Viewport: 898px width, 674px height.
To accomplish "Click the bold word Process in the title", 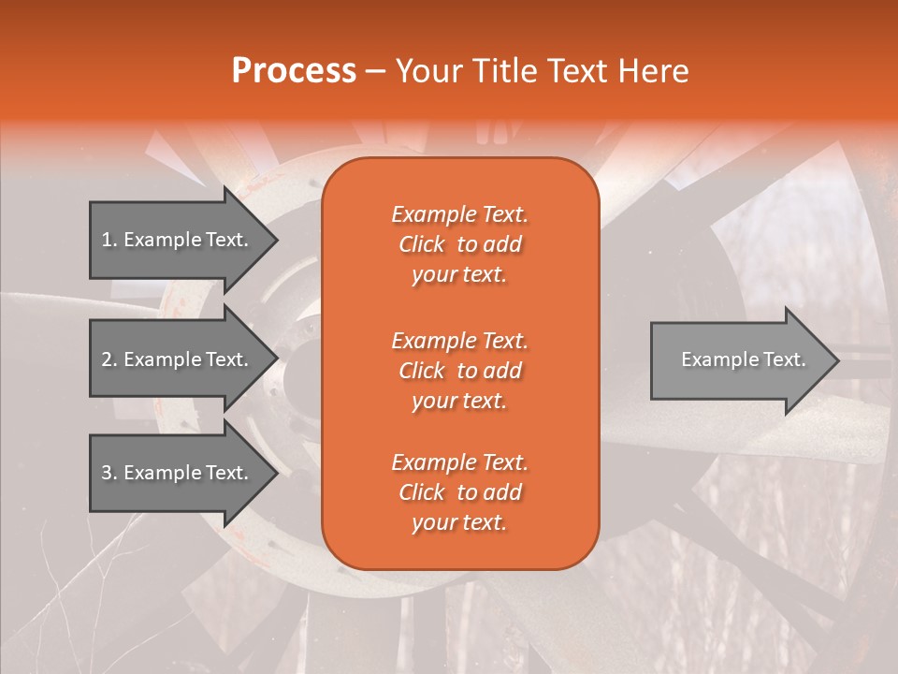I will click(x=294, y=71).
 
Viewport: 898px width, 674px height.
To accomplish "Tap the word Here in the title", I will click(x=655, y=71).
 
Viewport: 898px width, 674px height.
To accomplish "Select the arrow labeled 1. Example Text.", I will click(x=178, y=240).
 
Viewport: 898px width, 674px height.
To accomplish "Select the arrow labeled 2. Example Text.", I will click(x=178, y=359).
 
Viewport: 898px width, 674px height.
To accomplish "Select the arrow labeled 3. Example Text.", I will click(x=178, y=473).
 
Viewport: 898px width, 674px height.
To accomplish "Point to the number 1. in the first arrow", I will click(x=109, y=240).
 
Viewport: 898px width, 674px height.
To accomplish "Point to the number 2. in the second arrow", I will click(x=109, y=359).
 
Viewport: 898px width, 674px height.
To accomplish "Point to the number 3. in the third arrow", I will click(x=109, y=473).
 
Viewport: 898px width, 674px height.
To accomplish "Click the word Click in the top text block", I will click(x=422, y=244).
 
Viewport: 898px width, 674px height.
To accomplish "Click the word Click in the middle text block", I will click(x=422, y=371).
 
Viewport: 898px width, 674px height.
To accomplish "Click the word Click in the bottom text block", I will click(x=422, y=492).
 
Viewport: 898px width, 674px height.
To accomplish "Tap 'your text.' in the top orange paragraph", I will click(x=459, y=275).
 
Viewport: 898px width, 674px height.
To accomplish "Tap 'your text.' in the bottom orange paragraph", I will click(x=459, y=523).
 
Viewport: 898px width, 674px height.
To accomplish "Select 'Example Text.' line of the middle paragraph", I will click(x=459, y=340).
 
